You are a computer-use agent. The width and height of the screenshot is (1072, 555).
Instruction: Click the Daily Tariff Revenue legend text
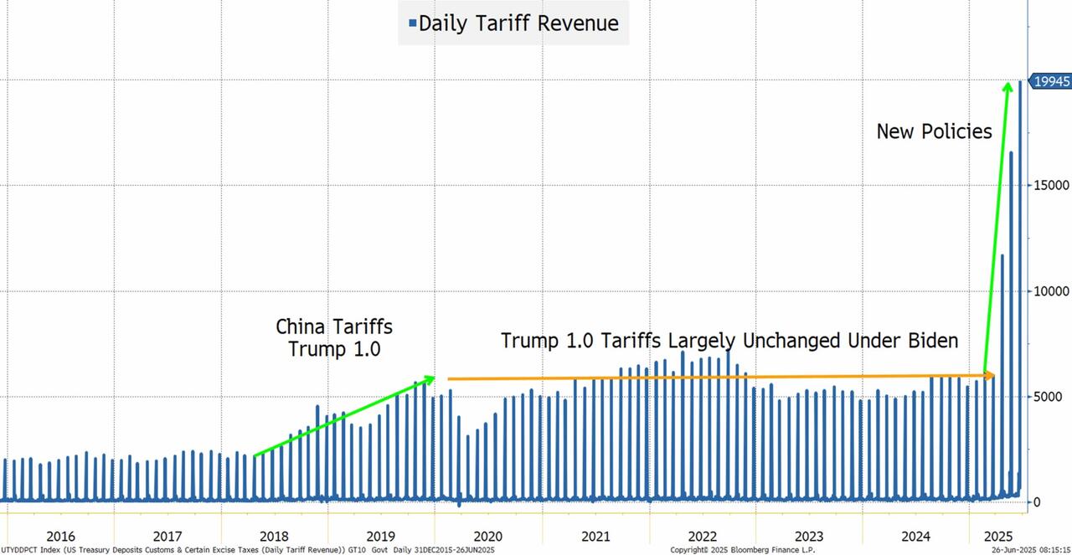(x=518, y=23)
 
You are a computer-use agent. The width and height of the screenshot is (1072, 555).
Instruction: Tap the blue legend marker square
(x=412, y=23)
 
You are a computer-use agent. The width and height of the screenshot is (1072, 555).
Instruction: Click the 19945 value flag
(x=1051, y=81)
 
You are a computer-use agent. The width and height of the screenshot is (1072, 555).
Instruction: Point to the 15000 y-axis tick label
(x=1051, y=186)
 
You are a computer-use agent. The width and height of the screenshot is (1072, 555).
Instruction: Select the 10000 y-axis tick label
(x=1051, y=291)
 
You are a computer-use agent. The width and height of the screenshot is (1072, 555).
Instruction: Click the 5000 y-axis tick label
(x=1048, y=396)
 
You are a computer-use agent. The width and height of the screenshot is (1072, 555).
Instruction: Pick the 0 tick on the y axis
(x=1036, y=501)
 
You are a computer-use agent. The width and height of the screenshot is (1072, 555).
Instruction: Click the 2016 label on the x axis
(x=60, y=536)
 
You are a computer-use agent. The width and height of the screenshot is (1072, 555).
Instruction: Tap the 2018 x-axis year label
(x=274, y=536)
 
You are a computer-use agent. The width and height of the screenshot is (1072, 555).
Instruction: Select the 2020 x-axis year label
(x=488, y=536)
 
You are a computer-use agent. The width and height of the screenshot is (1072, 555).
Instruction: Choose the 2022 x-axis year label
(x=702, y=536)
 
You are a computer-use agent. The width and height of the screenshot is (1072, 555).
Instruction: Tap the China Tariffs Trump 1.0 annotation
(x=334, y=337)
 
